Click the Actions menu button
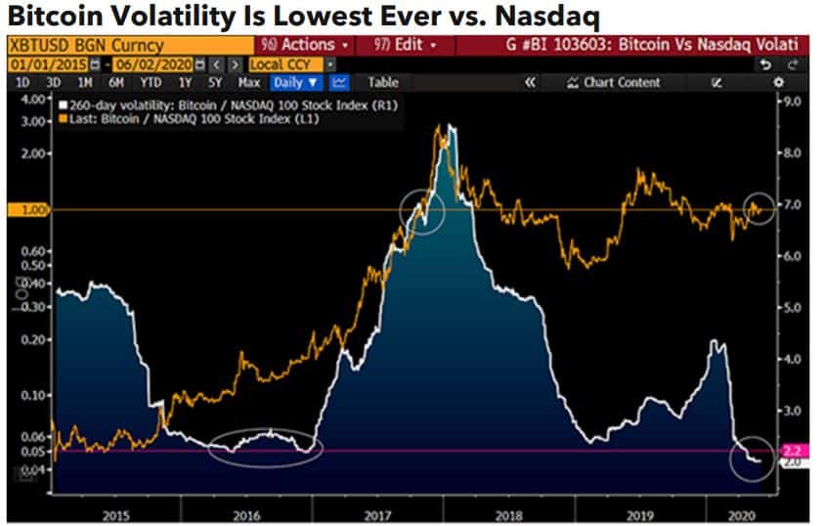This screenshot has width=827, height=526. click(x=300, y=45)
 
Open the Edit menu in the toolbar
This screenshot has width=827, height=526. click(x=403, y=45)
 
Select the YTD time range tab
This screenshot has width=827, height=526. click(x=151, y=83)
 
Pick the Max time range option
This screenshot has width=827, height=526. click(x=249, y=83)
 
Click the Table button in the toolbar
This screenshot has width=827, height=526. click(x=383, y=83)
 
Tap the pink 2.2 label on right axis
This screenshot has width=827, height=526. click(x=792, y=450)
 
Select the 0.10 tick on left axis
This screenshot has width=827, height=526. click(x=35, y=395)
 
